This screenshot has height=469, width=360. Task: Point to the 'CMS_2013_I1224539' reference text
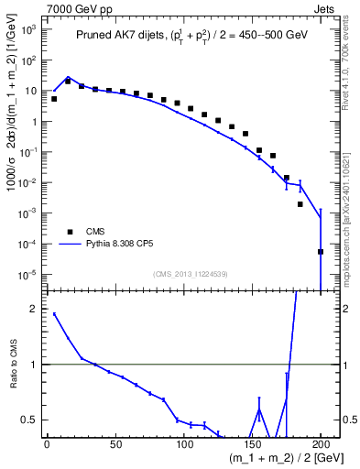point(191,274)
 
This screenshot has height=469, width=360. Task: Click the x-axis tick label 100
point(183,444)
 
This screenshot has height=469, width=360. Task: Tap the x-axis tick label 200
point(321,444)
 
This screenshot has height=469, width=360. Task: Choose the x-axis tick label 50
point(115,444)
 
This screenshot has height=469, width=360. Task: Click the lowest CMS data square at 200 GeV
point(321,252)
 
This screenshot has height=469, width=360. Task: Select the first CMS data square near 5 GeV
point(54,99)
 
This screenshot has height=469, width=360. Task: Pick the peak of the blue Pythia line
point(68,78)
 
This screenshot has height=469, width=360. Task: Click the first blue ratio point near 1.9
point(54,314)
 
